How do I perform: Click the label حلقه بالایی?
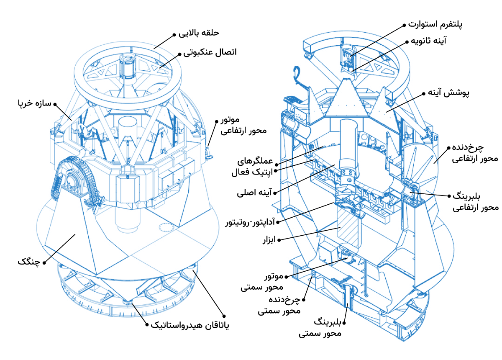[199, 33]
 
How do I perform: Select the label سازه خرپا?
[33, 103]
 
